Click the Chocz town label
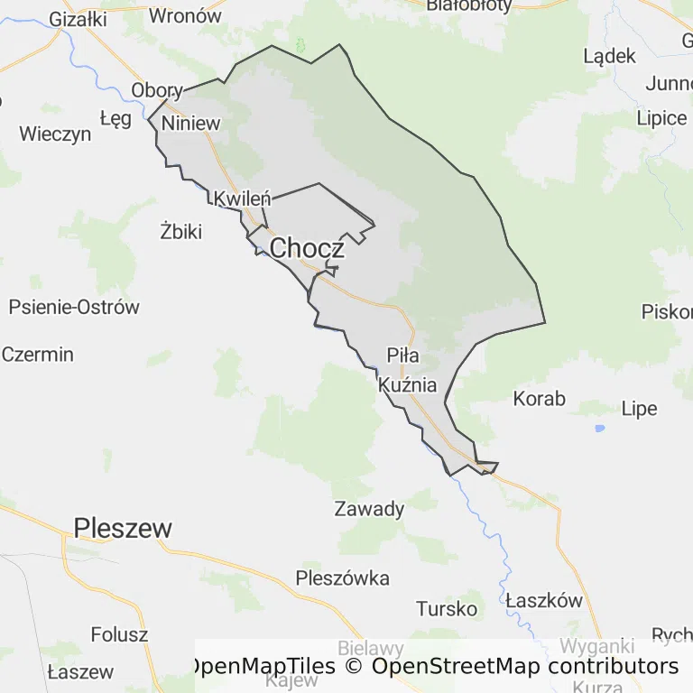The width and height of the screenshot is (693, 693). [x=306, y=247]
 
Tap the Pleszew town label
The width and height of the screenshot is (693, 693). [x=123, y=528]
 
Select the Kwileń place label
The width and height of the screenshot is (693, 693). [x=241, y=199]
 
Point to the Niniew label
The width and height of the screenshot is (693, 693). [x=190, y=123]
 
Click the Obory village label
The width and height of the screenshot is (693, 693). [x=157, y=90]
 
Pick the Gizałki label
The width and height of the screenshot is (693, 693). [x=79, y=18]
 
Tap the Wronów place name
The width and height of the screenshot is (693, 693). [x=185, y=14]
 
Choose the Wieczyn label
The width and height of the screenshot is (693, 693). [x=55, y=134]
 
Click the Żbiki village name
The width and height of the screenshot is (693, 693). [x=180, y=231]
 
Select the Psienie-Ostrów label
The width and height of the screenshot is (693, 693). [x=74, y=307]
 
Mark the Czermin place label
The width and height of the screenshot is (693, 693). [x=38, y=354]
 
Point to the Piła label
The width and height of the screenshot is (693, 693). [x=402, y=354]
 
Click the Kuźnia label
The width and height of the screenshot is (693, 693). [x=408, y=385]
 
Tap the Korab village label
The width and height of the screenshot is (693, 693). [x=539, y=398]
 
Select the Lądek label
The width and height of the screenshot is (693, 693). [x=610, y=56]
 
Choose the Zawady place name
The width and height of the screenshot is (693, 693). [x=369, y=509]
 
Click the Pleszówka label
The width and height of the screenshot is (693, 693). [x=343, y=577]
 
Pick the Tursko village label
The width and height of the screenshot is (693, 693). [x=447, y=608]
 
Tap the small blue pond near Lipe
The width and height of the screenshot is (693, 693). [x=599, y=428]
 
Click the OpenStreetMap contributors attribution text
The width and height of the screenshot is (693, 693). [x=525, y=666]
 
